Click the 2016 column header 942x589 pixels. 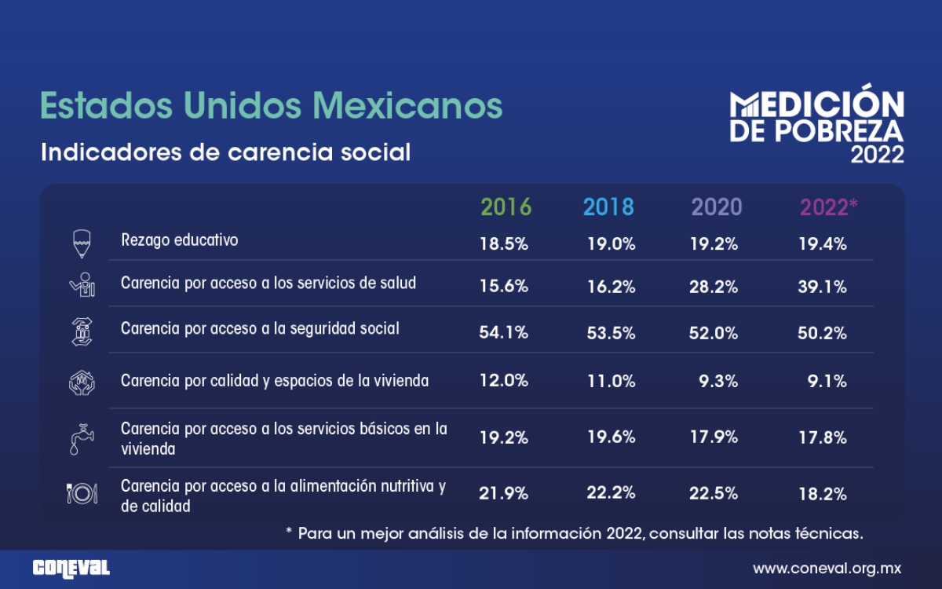click(x=506, y=207)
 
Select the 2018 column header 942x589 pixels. click(x=608, y=207)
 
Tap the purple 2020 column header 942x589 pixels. click(x=716, y=207)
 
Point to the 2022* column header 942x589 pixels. click(x=828, y=207)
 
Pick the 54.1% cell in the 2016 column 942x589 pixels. click(x=504, y=333)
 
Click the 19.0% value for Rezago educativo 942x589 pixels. click(x=612, y=244)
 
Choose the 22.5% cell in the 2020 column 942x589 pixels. click(x=714, y=494)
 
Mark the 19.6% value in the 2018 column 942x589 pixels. click(x=612, y=438)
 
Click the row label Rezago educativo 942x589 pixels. click(x=179, y=240)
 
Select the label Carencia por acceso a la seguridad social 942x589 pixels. click(x=260, y=328)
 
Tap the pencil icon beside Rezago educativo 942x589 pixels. click(x=81, y=243)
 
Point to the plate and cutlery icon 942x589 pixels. click(x=81, y=493)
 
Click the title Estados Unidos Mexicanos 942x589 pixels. click(x=271, y=105)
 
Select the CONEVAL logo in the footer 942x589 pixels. click(x=71, y=568)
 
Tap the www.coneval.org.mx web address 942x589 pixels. click(x=827, y=568)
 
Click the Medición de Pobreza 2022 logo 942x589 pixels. click(x=816, y=126)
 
